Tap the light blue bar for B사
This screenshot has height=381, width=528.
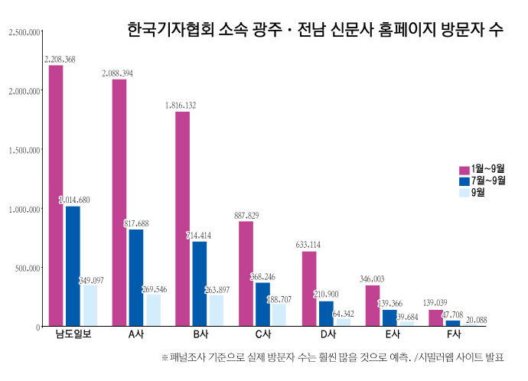tap(216, 311)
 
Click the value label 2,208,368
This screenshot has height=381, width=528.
tap(60, 58)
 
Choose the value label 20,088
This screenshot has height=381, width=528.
tap(476, 320)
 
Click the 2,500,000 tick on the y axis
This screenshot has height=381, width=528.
tap(23, 32)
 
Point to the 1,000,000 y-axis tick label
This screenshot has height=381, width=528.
tap(23, 209)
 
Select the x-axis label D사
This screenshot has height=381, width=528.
tap(328, 336)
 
